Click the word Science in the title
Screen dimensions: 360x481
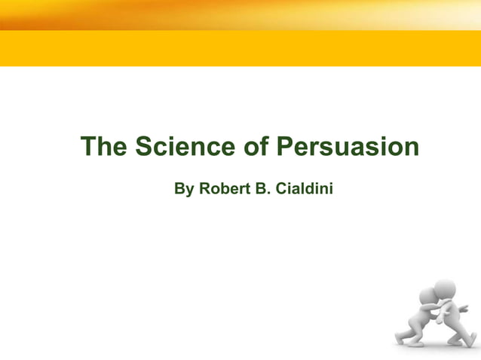(x=186, y=146)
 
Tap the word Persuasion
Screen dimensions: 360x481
(x=348, y=146)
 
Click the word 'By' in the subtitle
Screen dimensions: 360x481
(x=183, y=188)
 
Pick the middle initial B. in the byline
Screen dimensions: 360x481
(x=263, y=188)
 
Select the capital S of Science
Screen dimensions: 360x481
(x=145, y=146)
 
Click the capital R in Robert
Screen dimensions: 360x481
(x=204, y=188)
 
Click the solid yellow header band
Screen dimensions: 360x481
(x=240, y=48)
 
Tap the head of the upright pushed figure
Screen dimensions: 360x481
(x=446, y=288)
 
